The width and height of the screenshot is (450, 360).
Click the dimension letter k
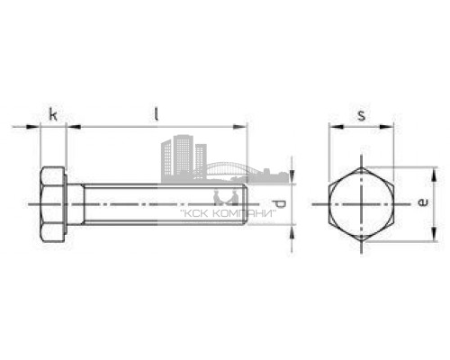pos(53,114)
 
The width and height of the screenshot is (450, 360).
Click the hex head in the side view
pos(53,205)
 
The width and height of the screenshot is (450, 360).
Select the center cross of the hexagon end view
pos(362,205)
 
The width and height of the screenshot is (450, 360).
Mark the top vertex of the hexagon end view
pos(362,168)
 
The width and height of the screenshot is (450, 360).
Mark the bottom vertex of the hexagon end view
pos(362,242)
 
